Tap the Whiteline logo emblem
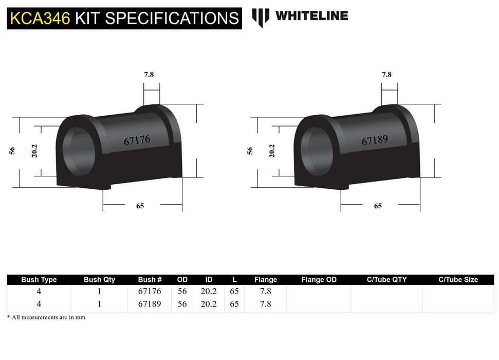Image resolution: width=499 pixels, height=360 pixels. click(x=261, y=17)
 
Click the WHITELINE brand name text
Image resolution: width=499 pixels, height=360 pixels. click(x=311, y=16)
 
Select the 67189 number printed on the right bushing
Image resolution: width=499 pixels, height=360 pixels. click(x=374, y=140)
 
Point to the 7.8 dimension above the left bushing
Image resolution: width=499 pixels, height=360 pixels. click(x=149, y=74)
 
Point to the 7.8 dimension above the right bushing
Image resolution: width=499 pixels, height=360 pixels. click(x=386, y=74)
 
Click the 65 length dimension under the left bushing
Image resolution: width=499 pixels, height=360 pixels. click(x=140, y=206)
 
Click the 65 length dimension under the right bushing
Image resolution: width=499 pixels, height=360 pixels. click(x=378, y=206)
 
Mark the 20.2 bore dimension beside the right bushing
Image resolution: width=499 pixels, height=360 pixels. click(x=272, y=151)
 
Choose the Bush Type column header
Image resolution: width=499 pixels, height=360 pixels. click(x=39, y=280)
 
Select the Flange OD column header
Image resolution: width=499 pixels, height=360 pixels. click(x=319, y=280)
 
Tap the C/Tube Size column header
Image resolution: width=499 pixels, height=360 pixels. click(x=458, y=280)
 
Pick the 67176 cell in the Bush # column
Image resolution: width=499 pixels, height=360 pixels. click(x=150, y=291)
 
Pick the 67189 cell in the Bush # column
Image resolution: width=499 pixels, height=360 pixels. click(x=150, y=303)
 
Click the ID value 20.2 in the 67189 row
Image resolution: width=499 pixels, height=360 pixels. click(x=208, y=303)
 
